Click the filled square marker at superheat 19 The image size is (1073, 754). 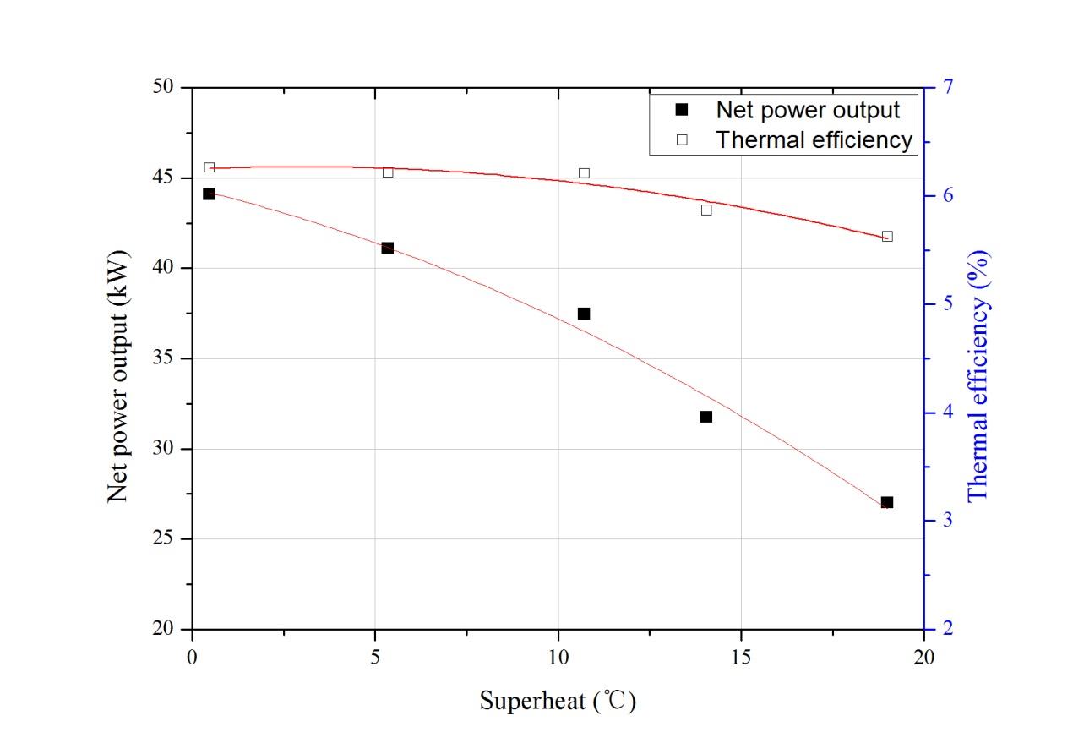[x=886, y=502]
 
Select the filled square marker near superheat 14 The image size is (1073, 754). [x=705, y=416]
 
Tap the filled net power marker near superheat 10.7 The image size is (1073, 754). [x=583, y=314]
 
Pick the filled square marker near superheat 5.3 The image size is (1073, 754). [x=387, y=248]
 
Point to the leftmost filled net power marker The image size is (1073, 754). [x=209, y=194]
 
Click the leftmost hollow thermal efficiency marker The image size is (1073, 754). [x=209, y=167]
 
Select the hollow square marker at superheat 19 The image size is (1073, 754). [x=886, y=237]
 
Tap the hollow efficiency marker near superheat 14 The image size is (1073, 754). [x=705, y=210]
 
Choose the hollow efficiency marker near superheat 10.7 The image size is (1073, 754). [x=583, y=173]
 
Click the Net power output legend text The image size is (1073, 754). [x=807, y=110]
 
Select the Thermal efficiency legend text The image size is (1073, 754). [x=814, y=139]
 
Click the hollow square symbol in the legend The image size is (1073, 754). [x=683, y=140]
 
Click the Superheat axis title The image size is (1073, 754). [x=558, y=701]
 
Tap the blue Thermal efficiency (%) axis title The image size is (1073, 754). [x=978, y=374]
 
